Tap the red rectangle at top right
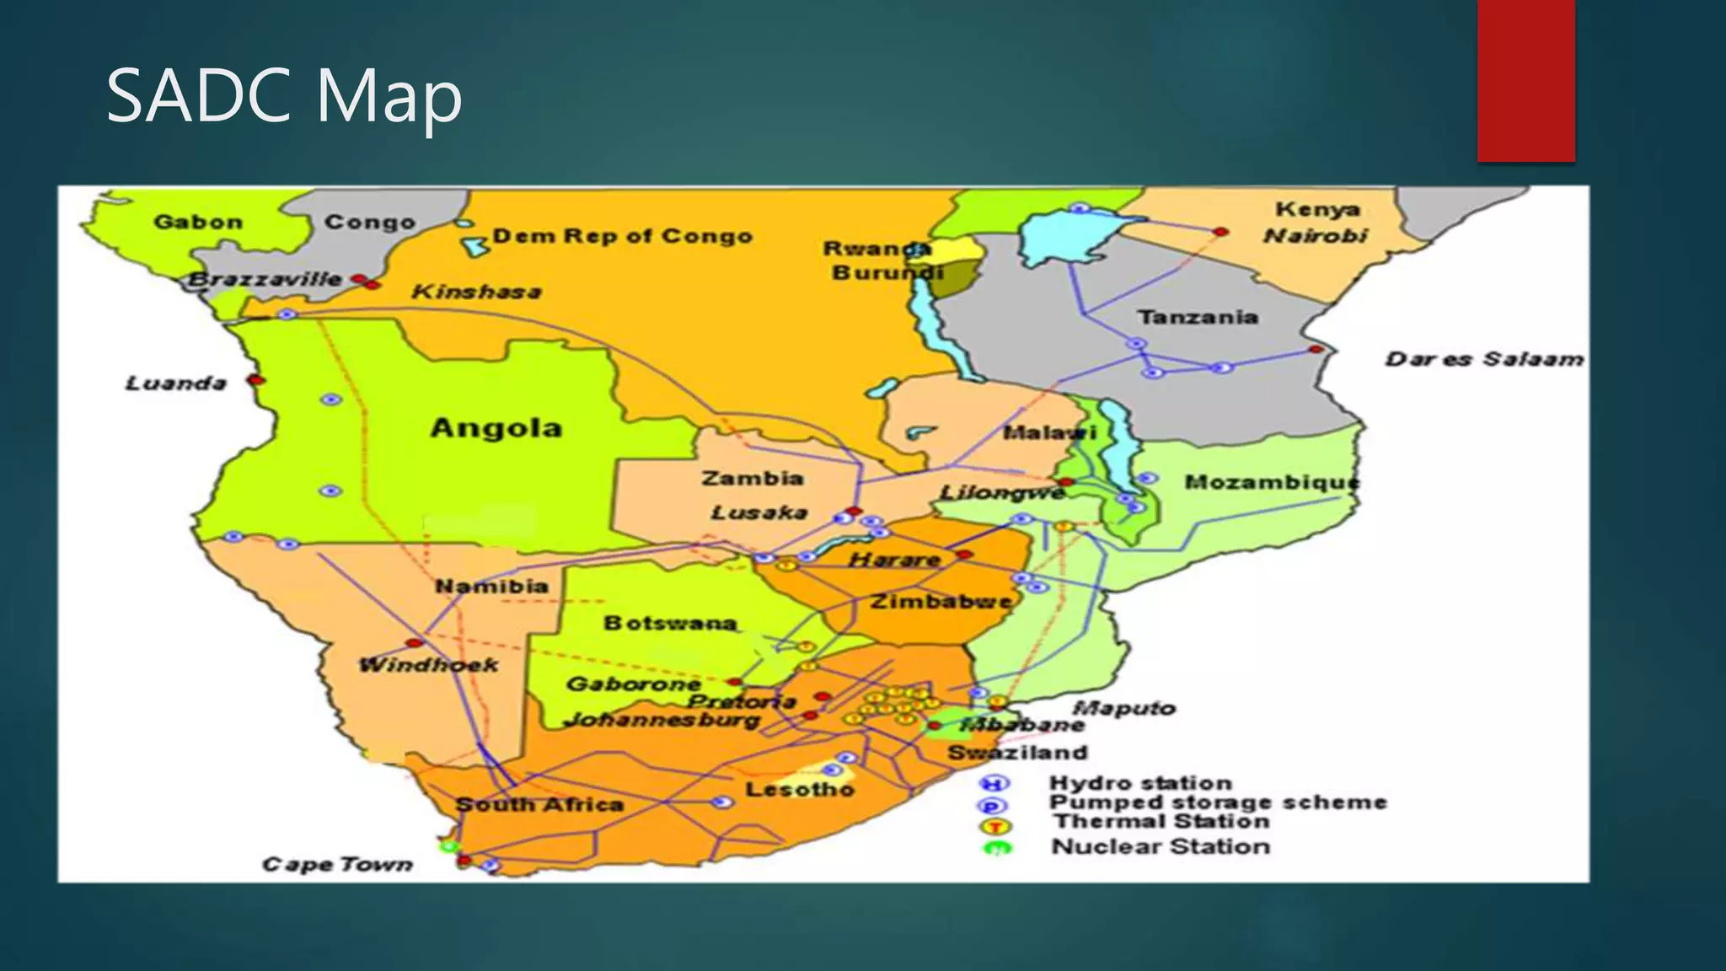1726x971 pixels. (x=1525, y=80)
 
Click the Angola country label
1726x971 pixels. (x=496, y=428)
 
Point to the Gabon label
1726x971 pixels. (x=198, y=223)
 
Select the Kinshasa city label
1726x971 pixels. (x=476, y=292)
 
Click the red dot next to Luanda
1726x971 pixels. (x=256, y=380)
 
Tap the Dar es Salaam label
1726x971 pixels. (x=1484, y=360)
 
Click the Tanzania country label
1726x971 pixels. (x=1198, y=318)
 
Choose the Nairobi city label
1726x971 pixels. (x=1315, y=237)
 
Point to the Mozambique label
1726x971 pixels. (x=1272, y=483)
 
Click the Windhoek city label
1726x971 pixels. (x=428, y=665)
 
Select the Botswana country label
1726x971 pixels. (x=670, y=624)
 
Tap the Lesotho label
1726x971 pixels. (x=799, y=790)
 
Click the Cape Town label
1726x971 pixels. (x=337, y=865)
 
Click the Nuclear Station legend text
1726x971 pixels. (x=1160, y=847)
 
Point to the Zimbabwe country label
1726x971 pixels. (x=941, y=602)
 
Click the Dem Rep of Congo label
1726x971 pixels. (x=622, y=237)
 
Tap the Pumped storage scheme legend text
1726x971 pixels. (x=1217, y=802)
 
